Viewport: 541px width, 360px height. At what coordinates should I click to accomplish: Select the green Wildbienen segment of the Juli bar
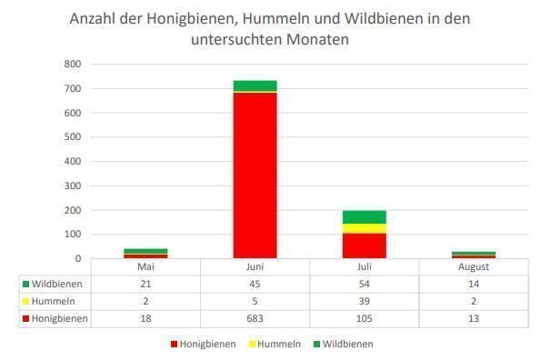pyautogui.click(x=364, y=216)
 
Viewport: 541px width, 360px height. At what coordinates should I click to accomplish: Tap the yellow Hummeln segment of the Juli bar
pyautogui.click(x=364, y=228)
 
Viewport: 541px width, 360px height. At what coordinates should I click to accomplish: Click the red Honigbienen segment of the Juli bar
pyautogui.click(x=364, y=245)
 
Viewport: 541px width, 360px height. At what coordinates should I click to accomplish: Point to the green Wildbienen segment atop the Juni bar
pyautogui.click(x=255, y=85)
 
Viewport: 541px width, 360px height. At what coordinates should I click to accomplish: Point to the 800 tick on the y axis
pyautogui.click(x=73, y=65)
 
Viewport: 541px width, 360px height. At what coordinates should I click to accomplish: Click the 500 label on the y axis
pyautogui.click(x=73, y=137)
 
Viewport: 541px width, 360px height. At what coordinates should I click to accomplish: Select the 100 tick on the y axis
pyautogui.click(x=73, y=235)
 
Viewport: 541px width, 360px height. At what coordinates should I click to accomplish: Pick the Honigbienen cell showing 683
pyautogui.click(x=255, y=318)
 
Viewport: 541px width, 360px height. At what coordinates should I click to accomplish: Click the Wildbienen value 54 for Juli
pyautogui.click(x=364, y=284)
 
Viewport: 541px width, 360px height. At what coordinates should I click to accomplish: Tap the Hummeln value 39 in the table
pyautogui.click(x=364, y=301)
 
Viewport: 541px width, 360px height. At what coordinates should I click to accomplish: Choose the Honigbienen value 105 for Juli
pyautogui.click(x=364, y=318)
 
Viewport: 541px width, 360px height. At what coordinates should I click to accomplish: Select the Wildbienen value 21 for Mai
pyautogui.click(x=145, y=284)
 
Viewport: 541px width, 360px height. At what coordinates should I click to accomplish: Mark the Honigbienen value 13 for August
pyautogui.click(x=473, y=318)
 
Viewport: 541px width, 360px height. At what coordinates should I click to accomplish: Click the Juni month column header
pyautogui.click(x=255, y=266)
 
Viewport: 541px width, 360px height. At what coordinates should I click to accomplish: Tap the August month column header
pyautogui.click(x=473, y=266)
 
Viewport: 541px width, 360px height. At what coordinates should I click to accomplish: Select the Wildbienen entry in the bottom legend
pyautogui.click(x=345, y=344)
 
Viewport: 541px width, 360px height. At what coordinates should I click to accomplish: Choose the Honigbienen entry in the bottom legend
pyautogui.click(x=208, y=344)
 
